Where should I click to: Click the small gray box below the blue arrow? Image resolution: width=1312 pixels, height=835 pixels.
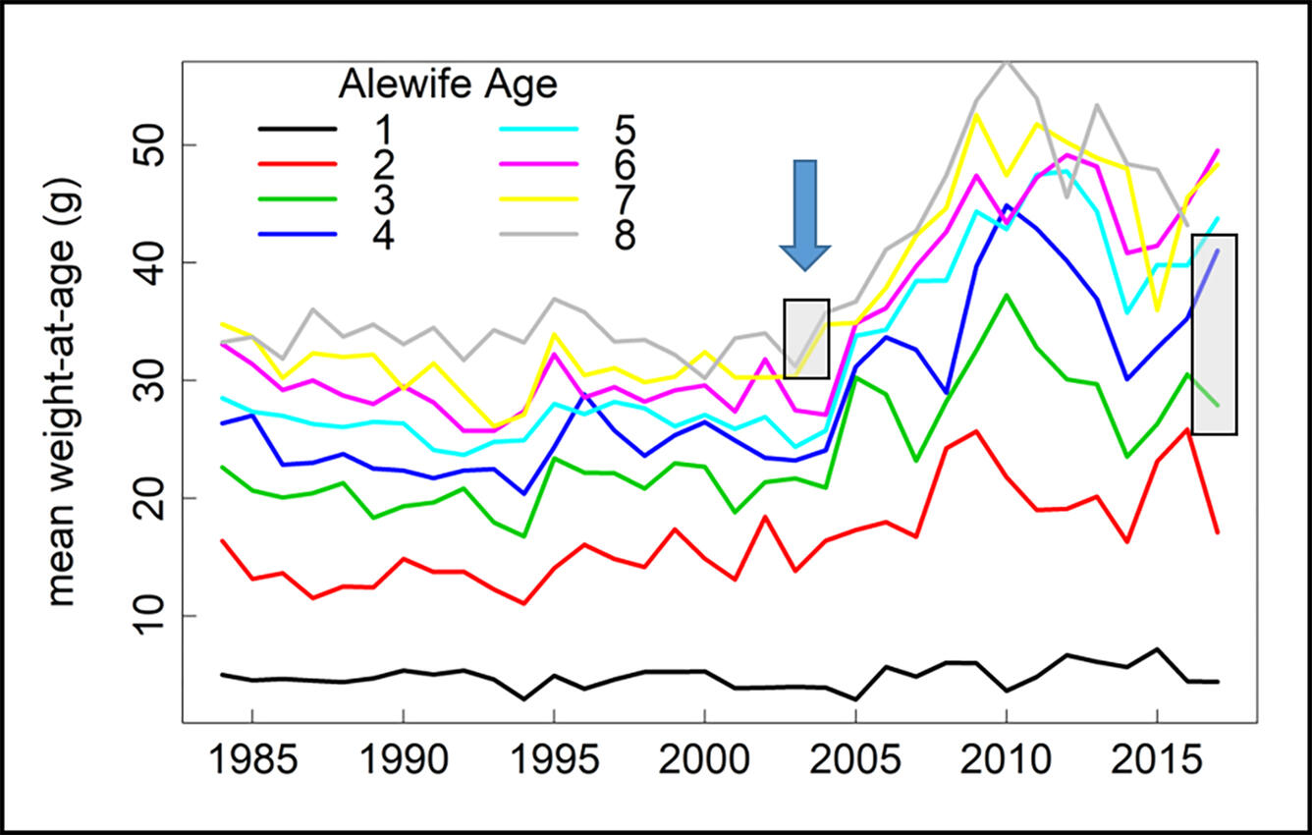click(806, 339)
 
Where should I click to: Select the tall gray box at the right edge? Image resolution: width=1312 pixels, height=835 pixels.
click(1214, 334)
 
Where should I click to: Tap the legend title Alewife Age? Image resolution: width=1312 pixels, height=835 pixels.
click(448, 85)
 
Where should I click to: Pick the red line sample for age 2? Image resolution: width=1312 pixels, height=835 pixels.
click(298, 165)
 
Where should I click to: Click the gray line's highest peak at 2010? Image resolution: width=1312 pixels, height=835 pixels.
click(1006, 62)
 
